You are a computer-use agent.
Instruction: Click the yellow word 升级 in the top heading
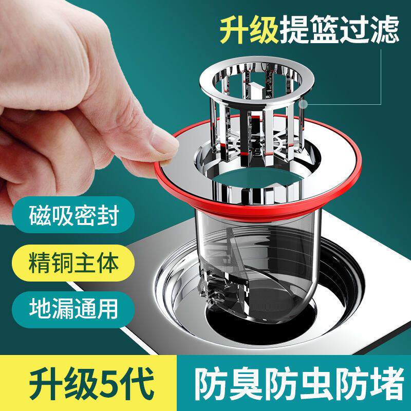coord(249,30)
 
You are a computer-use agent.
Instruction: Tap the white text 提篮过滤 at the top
coord(340,30)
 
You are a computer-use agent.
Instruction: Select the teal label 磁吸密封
coord(74,215)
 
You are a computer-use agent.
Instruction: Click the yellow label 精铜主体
coord(74,263)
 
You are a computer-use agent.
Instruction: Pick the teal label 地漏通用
coord(73,309)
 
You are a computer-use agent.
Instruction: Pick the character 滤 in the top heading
coord(385,30)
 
